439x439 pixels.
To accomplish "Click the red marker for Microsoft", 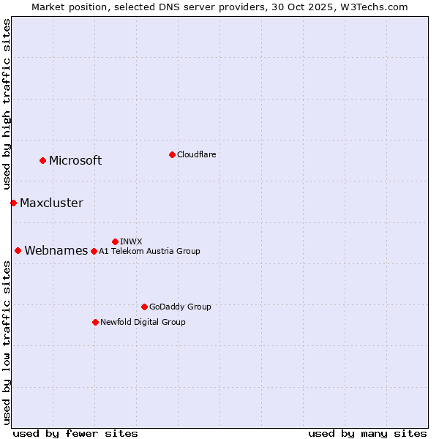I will [42, 160].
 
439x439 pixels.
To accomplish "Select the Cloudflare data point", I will [172, 154].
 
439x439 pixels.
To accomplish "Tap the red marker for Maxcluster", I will [13, 203].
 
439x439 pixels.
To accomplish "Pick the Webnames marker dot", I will [18, 250].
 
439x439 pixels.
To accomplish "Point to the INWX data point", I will [115, 241].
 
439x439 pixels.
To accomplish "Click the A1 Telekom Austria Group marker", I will [94, 251].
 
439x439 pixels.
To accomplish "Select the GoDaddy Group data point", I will [144, 307].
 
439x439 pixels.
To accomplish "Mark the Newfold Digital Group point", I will [95, 322].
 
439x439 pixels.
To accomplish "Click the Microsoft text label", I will [75, 161].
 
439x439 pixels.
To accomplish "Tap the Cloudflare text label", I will [196, 154].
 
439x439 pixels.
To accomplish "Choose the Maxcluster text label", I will [51, 203].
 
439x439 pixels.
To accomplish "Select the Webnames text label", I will [56, 251].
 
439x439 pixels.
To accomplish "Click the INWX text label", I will [131, 241].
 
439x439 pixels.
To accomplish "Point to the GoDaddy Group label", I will [180, 307].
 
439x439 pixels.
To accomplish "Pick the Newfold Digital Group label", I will [143, 322].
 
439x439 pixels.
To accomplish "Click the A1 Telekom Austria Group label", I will [149, 251].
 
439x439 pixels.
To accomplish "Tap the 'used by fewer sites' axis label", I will [75, 433].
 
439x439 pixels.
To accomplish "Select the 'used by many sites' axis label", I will [367, 433].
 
